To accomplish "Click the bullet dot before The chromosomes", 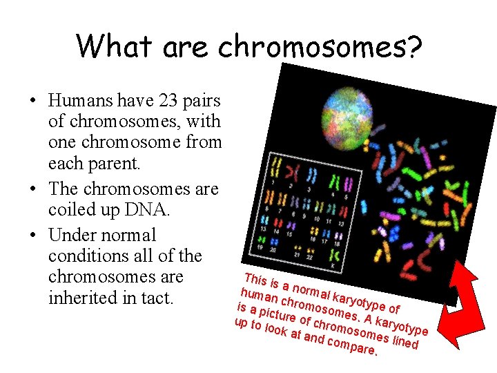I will tap(33, 189).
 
